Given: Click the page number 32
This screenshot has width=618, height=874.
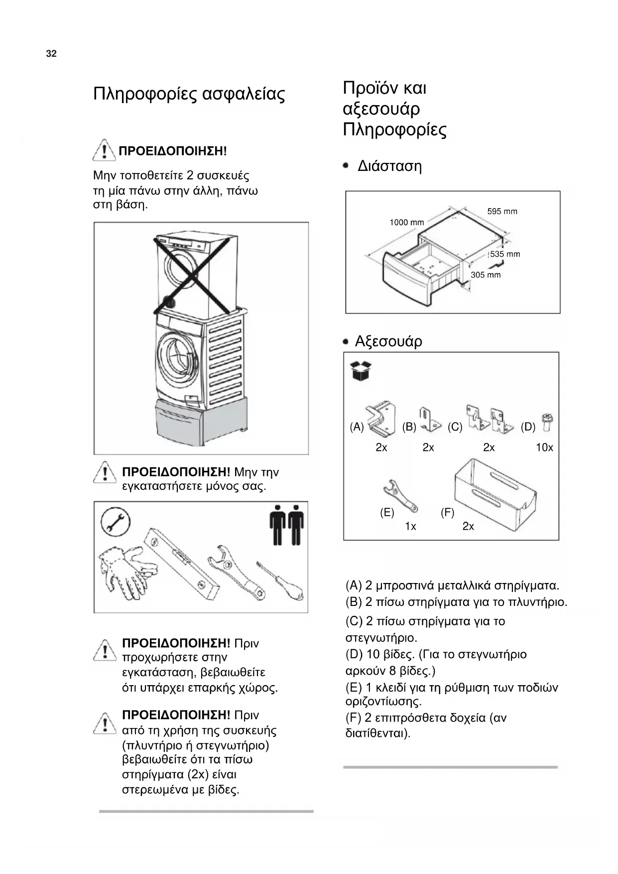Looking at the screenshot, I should click(51, 54).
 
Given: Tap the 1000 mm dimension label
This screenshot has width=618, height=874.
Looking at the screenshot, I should click(406, 222).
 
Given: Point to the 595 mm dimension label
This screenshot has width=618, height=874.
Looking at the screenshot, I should click(502, 211).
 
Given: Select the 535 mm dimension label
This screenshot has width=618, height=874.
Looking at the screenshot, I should click(505, 254).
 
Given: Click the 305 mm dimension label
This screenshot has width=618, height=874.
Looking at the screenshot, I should click(486, 275).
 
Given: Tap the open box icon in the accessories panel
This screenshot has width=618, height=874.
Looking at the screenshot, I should click(361, 371).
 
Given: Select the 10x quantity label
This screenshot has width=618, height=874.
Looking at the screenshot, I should click(544, 447).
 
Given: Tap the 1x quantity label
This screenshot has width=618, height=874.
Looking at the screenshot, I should click(410, 526).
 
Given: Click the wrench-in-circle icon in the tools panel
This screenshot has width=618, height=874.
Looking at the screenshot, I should click(116, 522).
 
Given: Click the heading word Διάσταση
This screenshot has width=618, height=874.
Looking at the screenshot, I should click(389, 166).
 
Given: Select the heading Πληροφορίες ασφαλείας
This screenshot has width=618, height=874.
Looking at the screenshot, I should click(189, 94).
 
